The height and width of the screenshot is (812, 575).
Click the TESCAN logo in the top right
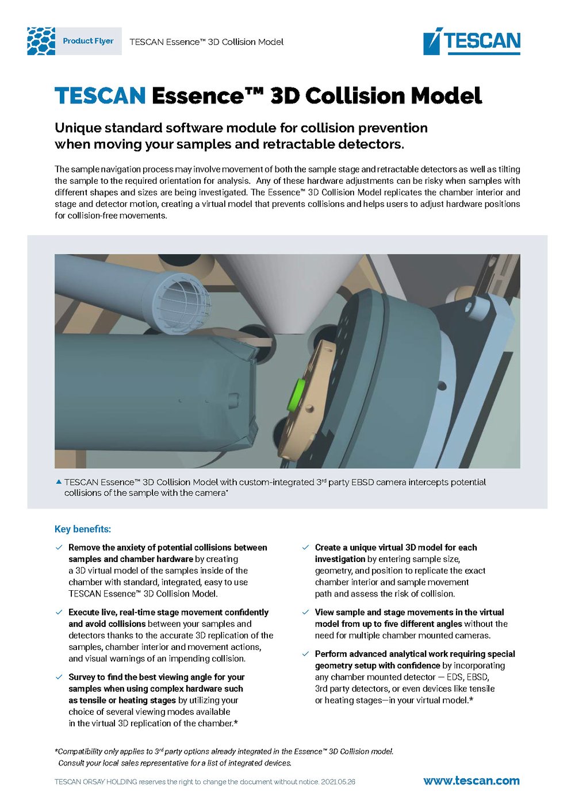(x=471, y=41)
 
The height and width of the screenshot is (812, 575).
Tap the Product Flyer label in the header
(x=88, y=41)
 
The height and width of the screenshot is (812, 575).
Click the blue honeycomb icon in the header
(x=41, y=41)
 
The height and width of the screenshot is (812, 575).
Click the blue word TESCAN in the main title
(x=100, y=95)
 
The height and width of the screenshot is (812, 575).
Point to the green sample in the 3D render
(x=298, y=394)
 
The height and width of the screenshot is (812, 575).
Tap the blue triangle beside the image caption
(x=58, y=482)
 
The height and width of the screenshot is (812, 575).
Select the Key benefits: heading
(x=83, y=529)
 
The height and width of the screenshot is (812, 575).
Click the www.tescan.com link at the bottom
(x=471, y=780)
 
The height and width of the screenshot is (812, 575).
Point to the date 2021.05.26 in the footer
(x=338, y=782)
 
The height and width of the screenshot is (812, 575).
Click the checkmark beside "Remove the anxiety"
(x=59, y=548)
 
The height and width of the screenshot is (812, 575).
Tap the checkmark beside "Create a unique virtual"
(x=305, y=548)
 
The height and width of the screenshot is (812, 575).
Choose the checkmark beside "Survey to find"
(x=59, y=677)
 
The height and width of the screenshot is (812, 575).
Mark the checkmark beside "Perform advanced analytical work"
(x=305, y=654)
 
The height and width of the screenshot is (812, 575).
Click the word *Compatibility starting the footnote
(x=78, y=751)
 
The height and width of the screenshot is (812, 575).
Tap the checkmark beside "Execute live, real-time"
(x=59, y=613)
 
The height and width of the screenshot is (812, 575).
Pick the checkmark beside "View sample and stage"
(x=305, y=613)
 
